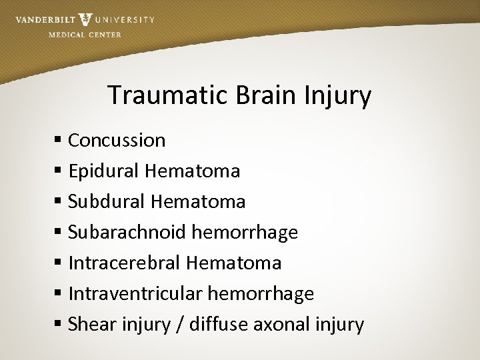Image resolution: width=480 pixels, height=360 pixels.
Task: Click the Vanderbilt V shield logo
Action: [85, 19]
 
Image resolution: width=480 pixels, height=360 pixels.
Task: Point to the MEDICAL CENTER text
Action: [85, 35]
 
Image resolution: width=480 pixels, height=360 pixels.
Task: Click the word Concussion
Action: [117, 140]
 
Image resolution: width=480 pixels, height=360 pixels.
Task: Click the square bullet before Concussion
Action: [59, 141]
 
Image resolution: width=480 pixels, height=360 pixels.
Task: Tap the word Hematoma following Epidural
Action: [192, 171]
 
